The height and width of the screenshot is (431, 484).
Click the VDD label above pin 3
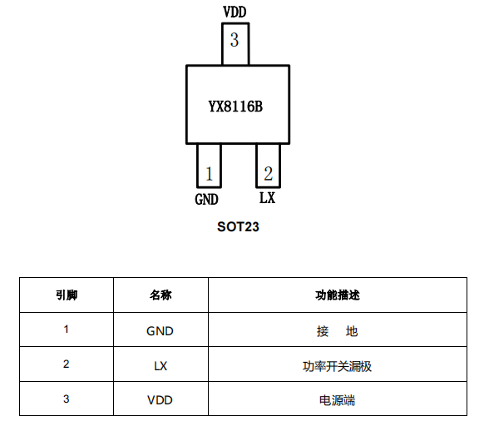pos(235,12)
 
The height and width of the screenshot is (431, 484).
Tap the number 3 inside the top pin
pos(235,40)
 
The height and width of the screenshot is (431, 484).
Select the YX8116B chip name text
pos(235,107)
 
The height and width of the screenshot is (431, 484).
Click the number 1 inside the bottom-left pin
pos(210,174)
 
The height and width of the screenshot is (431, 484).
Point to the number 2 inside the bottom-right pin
pos(269,173)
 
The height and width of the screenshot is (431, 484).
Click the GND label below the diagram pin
pos(206,199)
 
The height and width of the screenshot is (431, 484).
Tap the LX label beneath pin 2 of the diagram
pos(267,197)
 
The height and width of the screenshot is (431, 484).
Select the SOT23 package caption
pos(238,227)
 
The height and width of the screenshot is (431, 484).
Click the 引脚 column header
pos(67,295)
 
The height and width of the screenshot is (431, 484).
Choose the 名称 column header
pos(161,295)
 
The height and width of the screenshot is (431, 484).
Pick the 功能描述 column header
pos(338,295)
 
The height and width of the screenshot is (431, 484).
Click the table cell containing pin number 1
pos(67,329)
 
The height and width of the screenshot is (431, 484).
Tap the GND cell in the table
pos(161,329)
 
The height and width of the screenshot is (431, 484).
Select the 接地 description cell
pos(338,329)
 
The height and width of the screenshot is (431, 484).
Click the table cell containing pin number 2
pos(67,364)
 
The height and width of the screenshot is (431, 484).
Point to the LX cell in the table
pos(161,364)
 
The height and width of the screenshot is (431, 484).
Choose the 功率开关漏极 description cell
pos(338,364)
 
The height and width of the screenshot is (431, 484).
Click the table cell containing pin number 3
pos(67,399)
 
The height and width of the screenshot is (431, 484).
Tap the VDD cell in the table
pos(161,399)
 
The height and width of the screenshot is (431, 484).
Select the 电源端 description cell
pos(338,399)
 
